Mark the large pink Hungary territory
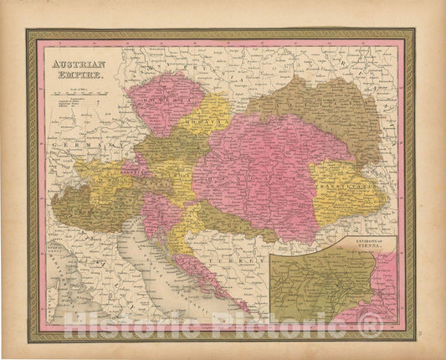(259, 167)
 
